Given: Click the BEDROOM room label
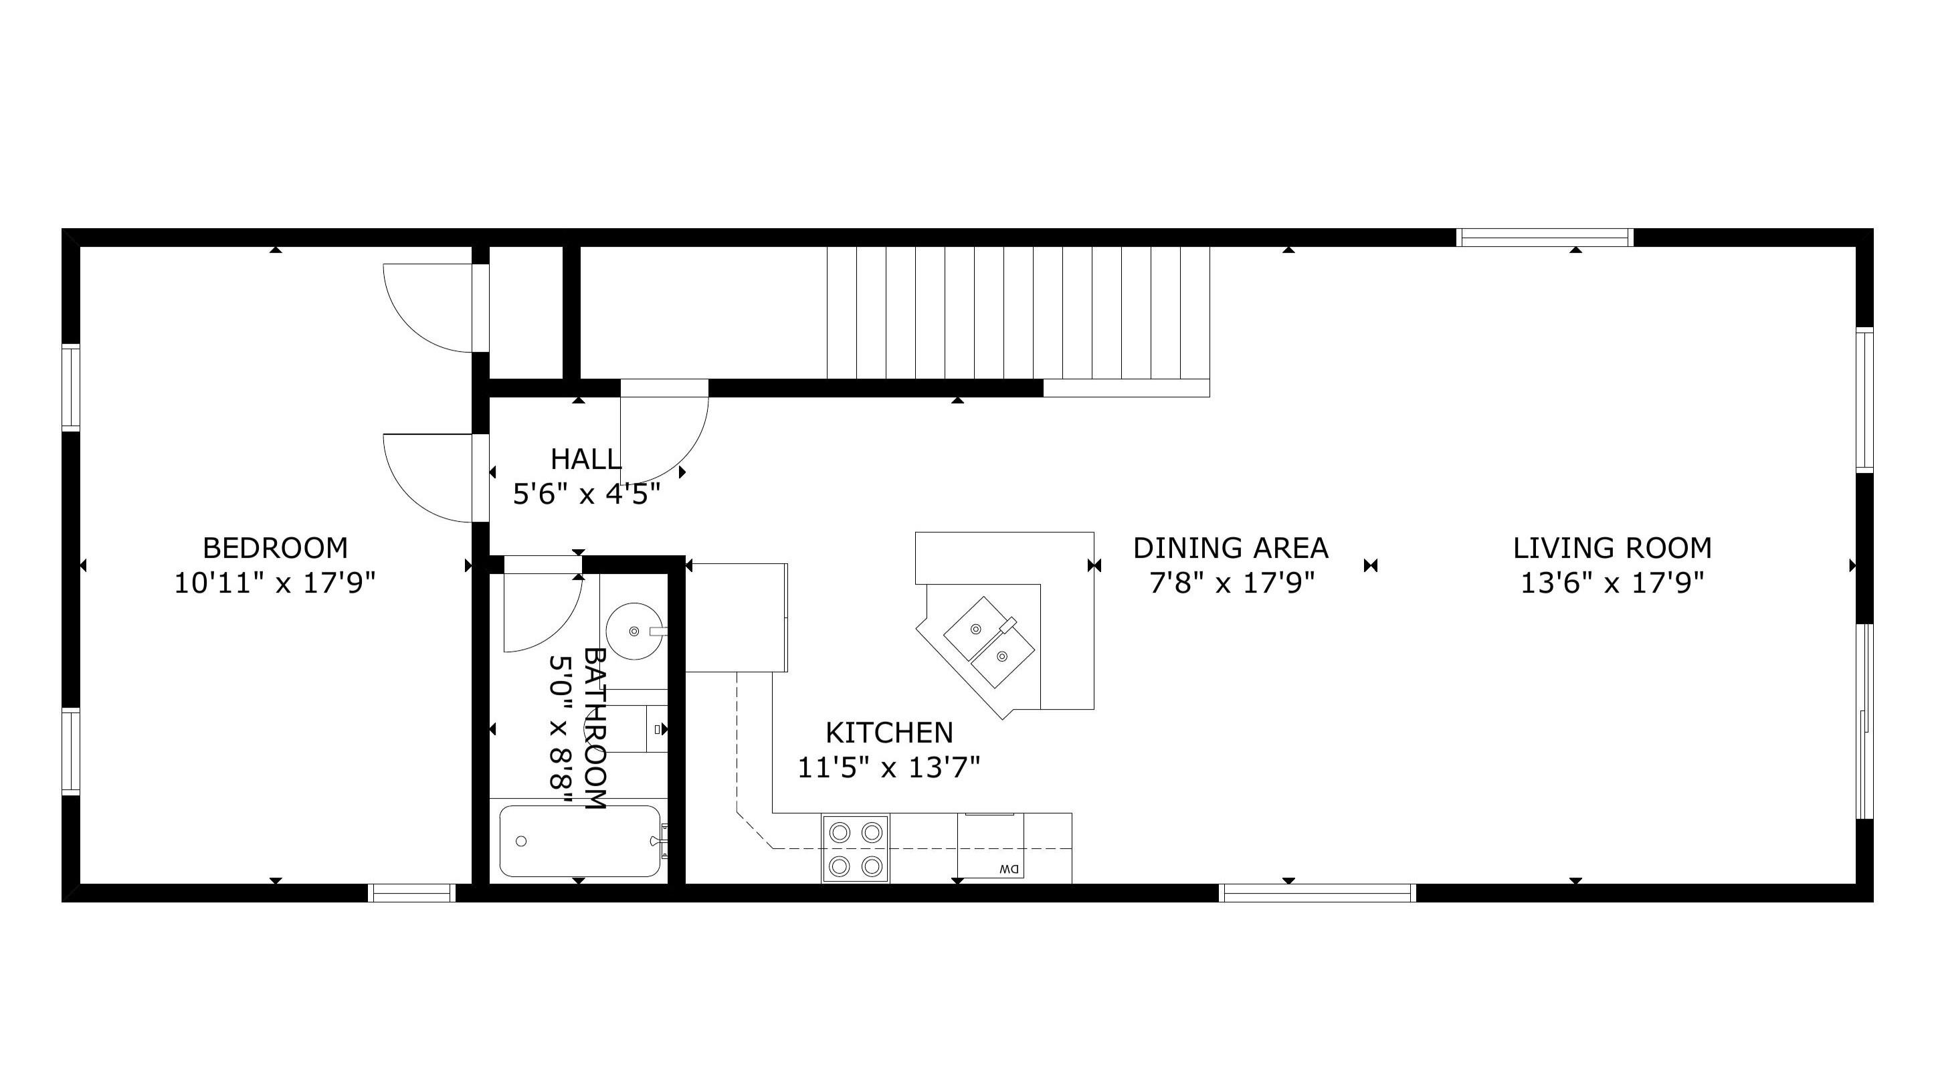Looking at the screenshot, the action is [x=275, y=548].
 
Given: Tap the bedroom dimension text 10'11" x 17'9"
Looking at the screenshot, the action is [x=275, y=583].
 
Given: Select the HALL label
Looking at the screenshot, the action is [x=586, y=459].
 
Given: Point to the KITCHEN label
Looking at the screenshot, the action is [x=889, y=732].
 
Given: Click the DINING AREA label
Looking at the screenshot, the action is [x=1231, y=548].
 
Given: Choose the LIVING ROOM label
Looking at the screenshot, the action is [x=1613, y=548].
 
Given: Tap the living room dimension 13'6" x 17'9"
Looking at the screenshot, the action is [x=1613, y=583].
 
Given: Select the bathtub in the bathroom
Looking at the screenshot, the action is [x=581, y=841].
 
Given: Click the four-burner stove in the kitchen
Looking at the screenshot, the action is [x=855, y=848].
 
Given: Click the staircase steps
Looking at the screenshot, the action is [x=1018, y=312].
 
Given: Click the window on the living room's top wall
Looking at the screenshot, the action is [x=1545, y=237].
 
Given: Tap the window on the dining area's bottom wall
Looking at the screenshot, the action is [x=1317, y=892].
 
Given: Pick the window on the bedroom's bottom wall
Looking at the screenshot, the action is [x=412, y=892].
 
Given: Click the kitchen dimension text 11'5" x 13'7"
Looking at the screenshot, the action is [x=889, y=767].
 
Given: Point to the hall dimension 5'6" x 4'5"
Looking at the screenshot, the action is [x=586, y=494].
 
